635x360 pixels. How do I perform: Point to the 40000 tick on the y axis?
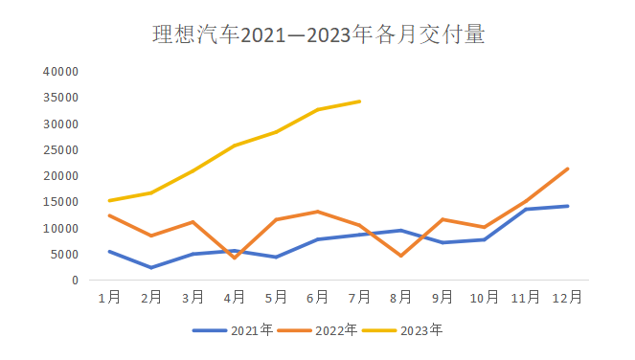tap(59, 72)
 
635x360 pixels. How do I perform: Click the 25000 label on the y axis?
tap(59, 150)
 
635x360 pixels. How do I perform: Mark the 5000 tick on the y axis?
tap(63, 255)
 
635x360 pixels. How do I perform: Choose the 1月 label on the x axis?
tap(109, 298)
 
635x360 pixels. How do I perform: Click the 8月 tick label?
tap(401, 298)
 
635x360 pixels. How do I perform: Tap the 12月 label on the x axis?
tap(568, 298)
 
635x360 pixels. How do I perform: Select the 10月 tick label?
tap(485, 298)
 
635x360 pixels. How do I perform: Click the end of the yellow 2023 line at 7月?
tap(359, 101)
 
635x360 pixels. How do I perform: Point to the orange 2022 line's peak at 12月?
tap(568, 169)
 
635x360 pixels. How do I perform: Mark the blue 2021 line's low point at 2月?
tap(151, 268)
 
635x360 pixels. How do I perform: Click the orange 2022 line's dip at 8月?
tap(401, 256)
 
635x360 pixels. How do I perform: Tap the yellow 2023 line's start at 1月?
tap(109, 201)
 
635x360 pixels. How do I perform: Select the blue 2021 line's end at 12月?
tap(568, 206)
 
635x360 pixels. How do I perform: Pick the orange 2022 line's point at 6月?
tap(318, 212)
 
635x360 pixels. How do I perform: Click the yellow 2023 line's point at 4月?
tap(235, 146)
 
